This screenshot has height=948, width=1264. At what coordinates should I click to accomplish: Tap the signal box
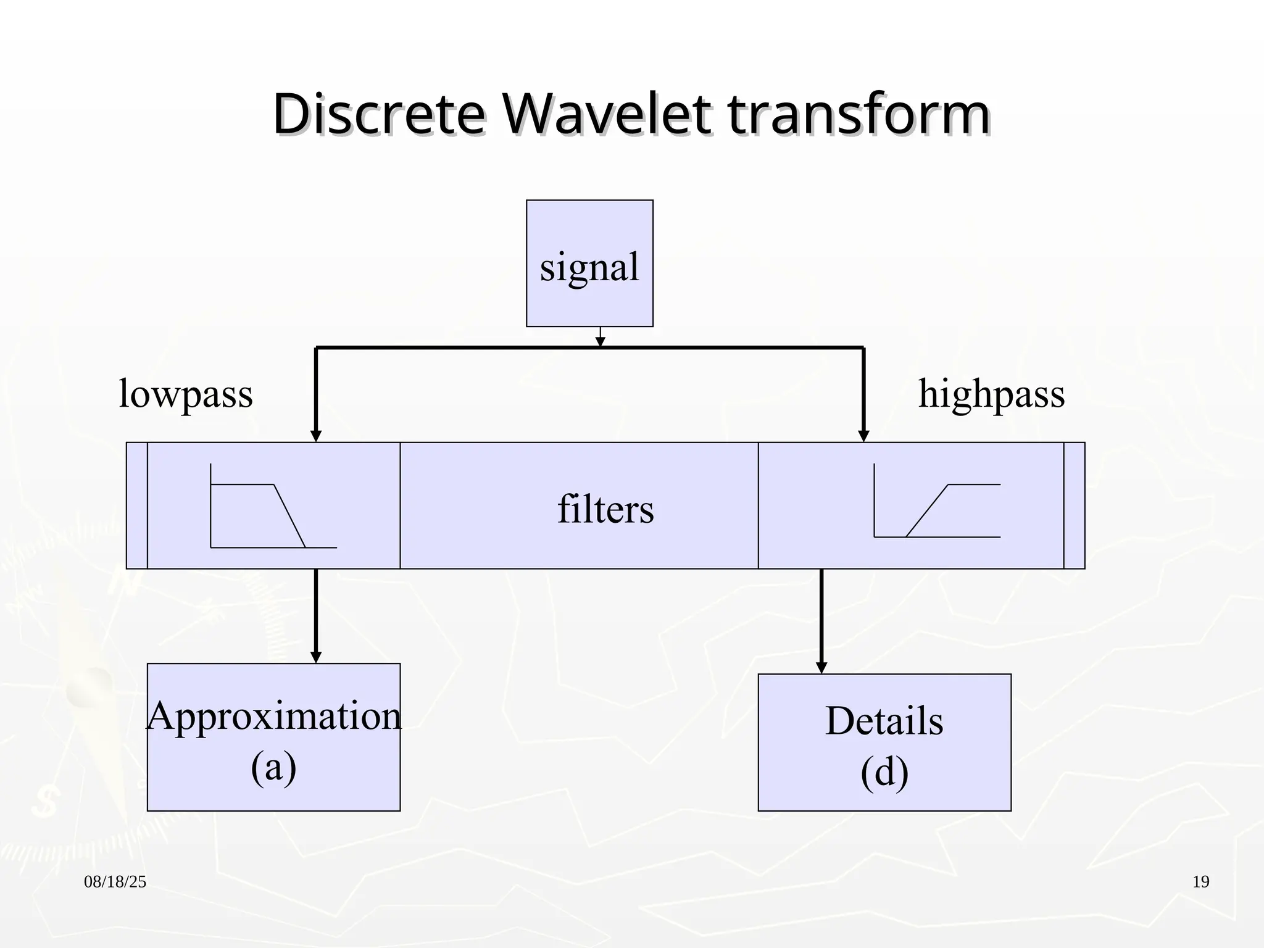589,264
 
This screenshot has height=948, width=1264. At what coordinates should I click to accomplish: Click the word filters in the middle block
605,509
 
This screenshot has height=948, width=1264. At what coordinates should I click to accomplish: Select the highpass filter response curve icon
937,501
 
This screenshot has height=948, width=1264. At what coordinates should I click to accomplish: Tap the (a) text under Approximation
273,767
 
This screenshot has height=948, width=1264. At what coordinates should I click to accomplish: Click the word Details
884,720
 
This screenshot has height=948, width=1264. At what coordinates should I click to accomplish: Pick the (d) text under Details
884,771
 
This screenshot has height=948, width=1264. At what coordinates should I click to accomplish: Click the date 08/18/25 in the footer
115,882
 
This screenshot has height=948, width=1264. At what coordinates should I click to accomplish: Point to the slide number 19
1200,882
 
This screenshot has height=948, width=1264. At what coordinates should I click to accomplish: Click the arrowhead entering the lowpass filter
316,436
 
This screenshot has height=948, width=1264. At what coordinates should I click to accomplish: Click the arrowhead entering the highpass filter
863,436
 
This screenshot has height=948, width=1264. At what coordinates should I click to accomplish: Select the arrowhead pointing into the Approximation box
316,657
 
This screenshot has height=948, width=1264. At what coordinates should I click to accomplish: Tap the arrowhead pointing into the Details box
821,667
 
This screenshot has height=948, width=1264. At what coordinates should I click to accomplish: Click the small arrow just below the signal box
601,341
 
